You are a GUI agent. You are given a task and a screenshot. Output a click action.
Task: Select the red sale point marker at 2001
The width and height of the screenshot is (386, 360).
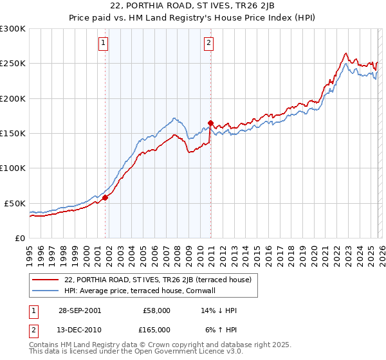106,198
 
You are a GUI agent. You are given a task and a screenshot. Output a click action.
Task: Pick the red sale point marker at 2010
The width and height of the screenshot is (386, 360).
210,123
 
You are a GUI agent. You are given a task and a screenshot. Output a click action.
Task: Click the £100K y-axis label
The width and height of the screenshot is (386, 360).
14,168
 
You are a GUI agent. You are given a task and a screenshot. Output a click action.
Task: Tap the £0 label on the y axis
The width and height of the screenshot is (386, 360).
19,238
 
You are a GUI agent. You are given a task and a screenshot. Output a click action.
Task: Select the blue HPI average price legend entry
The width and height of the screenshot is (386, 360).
143,291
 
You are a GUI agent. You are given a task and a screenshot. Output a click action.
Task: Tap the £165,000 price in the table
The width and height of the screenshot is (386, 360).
156,328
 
